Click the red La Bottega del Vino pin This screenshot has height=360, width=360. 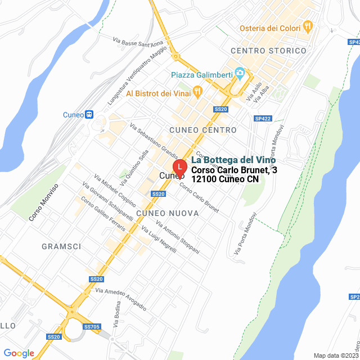[x=179, y=168]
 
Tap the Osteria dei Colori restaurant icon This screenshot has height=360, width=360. [x=308, y=26]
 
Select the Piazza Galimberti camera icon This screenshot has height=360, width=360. [x=240, y=73]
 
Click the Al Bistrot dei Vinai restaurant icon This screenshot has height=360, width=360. [x=197, y=91]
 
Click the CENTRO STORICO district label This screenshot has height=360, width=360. [x=268, y=51]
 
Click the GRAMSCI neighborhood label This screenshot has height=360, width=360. [x=61, y=246]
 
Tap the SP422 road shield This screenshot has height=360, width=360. [x=263, y=119]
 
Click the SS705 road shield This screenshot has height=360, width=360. [x=91, y=326]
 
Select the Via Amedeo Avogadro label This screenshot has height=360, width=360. [x=121, y=299]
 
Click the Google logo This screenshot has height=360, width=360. [x=19, y=353]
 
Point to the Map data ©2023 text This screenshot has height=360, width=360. [x=336, y=355]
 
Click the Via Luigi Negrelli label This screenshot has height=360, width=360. [x=159, y=239]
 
